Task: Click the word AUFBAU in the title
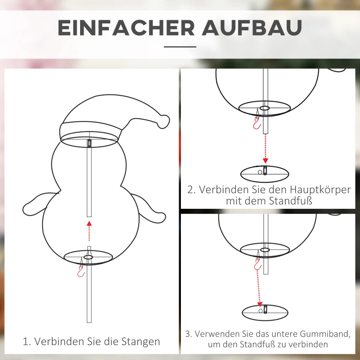coord(252,28)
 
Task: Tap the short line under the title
coord(180,46)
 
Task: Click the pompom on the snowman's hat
coord(163,121)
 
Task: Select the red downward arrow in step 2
coord(265,148)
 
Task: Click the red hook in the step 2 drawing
coord(257,123)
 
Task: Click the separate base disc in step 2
coord(265,172)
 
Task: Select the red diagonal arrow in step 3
coord(259,283)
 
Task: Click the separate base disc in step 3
coord(265,310)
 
